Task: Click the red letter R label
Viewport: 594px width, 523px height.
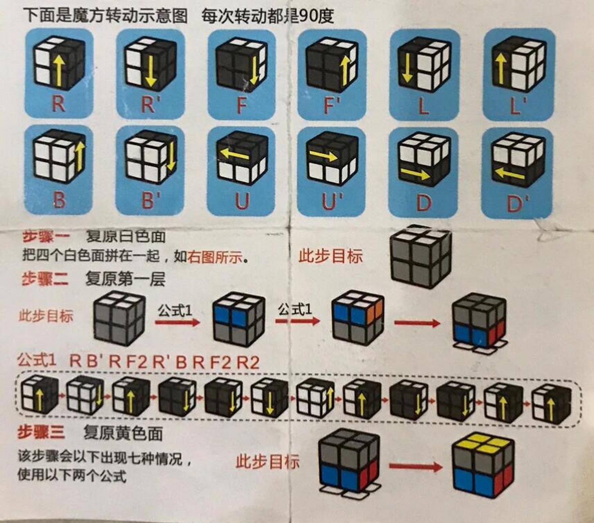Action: click(58, 104)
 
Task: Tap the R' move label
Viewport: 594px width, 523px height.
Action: click(149, 105)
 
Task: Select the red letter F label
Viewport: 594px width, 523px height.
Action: click(242, 105)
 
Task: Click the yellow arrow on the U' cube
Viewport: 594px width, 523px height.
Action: click(323, 155)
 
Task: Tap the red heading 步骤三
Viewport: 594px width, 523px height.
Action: click(41, 432)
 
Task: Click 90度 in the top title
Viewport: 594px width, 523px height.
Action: click(317, 16)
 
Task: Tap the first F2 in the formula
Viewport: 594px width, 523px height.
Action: click(136, 362)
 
